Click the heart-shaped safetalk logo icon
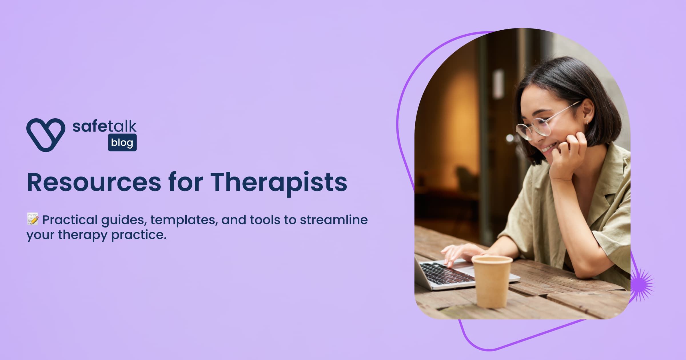[x=46, y=135]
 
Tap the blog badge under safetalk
[x=122, y=142]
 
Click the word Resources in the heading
[x=94, y=182]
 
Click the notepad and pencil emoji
[x=33, y=219]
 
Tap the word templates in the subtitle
[x=184, y=220]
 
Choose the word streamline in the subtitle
[x=334, y=220]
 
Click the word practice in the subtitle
[x=139, y=235]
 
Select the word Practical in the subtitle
[x=70, y=220]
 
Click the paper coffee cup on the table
[x=492, y=281]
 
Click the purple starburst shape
[x=642, y=285]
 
